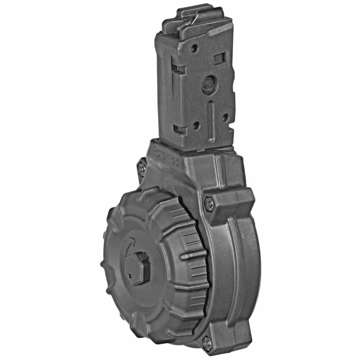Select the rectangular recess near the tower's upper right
click(x=219, y=58)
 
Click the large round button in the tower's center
click(x=207, y=85)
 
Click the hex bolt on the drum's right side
click(x=208, y=204)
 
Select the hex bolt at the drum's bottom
click(x=206, y=343)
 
